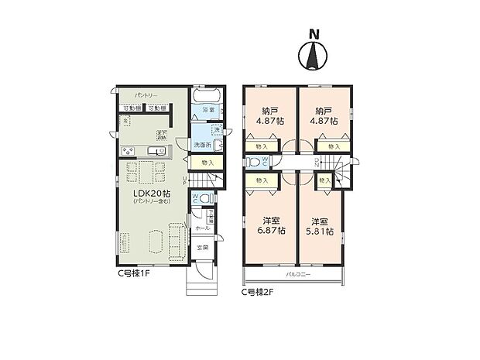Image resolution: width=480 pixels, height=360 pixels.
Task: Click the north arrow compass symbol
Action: tap(314, 57)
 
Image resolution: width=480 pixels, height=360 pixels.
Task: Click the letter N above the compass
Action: tap(314, 34)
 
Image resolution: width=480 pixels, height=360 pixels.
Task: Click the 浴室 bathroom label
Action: tap(208, 111)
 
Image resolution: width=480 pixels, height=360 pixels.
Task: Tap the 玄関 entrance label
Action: tap(201, 248)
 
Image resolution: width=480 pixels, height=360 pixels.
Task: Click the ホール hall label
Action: tap(201, 229)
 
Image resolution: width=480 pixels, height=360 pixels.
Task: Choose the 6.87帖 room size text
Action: tap(270, 231)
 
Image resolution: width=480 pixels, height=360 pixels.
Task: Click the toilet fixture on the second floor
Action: tap(254, 163)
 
